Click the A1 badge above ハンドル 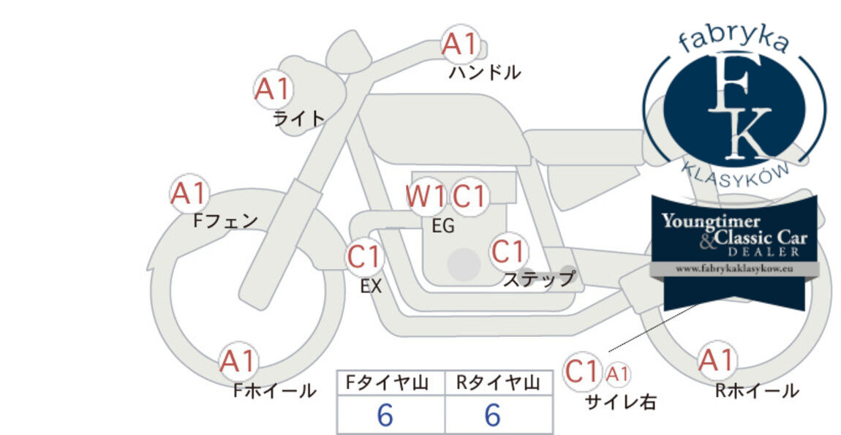click(460, 44)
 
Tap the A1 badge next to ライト click(273, 90)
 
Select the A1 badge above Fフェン click(189, 194)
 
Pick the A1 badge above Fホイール click(238, 361)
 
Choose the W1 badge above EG click(426, 197)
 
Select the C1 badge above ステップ click(508, 251)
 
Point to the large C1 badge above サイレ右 click(582, 371)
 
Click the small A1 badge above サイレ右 click(617, 374)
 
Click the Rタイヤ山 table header click(498, 383)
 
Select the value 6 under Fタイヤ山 click(385, 415)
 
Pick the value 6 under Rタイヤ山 click(493, 415)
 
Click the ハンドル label click(485, 72)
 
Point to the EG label click(444, 227)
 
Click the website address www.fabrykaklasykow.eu click(734, 269)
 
